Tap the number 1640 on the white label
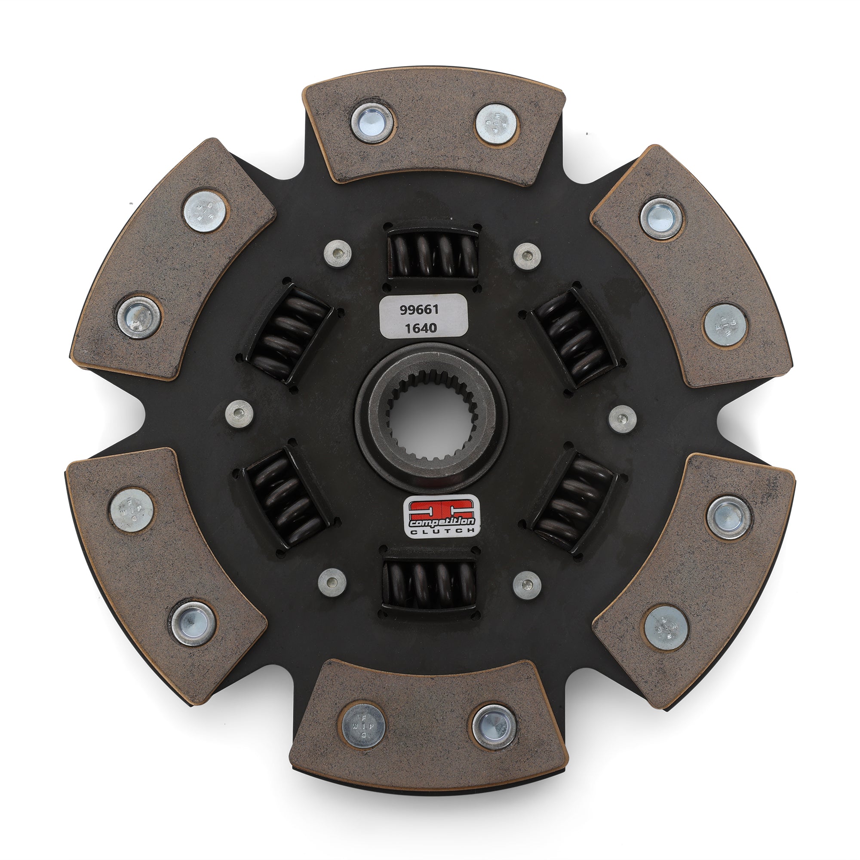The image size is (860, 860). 421,328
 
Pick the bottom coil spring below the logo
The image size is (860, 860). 430,584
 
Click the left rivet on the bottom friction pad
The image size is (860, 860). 363,727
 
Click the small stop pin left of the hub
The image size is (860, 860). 240,413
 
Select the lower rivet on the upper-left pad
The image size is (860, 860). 139,317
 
